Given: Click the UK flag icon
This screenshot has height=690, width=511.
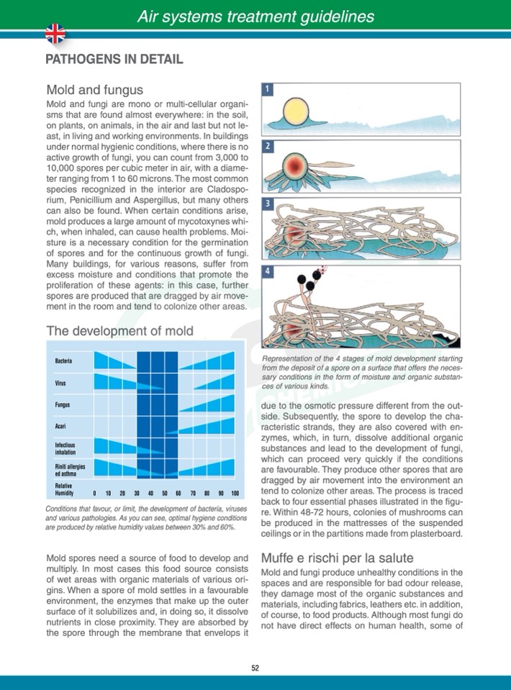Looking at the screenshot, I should coord(55,33).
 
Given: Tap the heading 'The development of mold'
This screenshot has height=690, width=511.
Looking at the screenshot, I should coord(119,331).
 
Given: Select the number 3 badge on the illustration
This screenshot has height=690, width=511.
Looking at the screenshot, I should coord(267,204).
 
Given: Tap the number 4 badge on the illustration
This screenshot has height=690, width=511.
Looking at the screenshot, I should coord(267,272).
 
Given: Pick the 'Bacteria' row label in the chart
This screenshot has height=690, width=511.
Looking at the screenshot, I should coord(63,360).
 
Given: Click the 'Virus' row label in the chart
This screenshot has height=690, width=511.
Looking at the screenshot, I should coord(60,383).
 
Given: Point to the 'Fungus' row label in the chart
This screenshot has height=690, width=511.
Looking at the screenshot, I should coord(62,405).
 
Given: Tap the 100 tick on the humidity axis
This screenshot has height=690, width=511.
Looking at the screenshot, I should coord(234,494).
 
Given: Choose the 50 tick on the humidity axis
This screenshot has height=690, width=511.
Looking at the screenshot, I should coord(164,494).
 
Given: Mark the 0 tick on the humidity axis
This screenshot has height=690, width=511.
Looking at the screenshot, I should coord(95,494).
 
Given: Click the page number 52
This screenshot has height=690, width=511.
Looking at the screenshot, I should coord(255,667).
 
